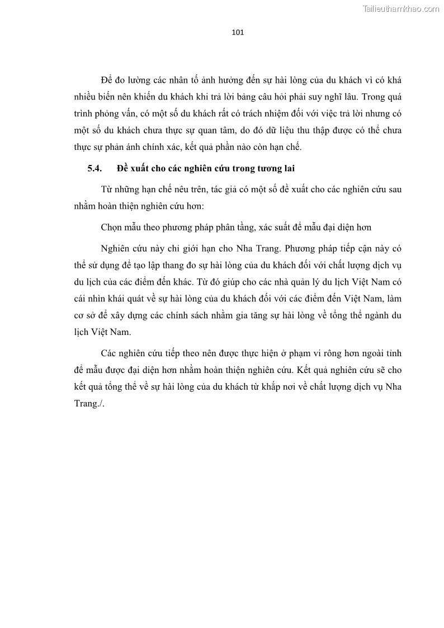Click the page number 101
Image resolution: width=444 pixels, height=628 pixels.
pyautogui.click(x=238, y=32)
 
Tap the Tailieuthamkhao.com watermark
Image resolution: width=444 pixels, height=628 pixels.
pyautogui.click(x=401, y=8)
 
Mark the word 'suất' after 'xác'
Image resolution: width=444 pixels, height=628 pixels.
pyautogui.click(x=270, y=227)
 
